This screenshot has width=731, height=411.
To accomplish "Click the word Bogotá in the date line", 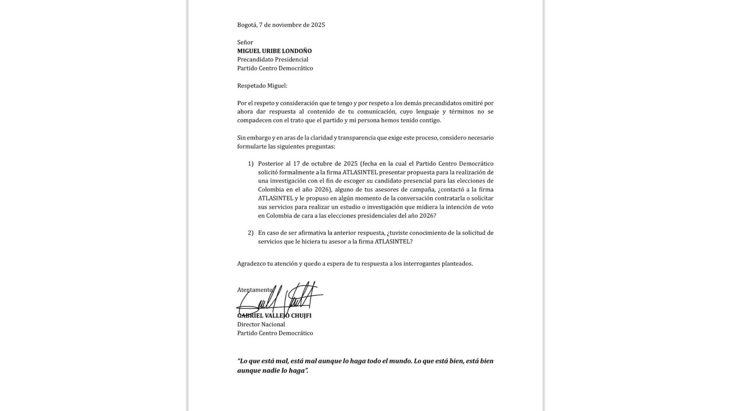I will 246,25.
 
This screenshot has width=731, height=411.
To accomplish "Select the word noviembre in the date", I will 287,25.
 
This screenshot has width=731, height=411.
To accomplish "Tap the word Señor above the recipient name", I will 245,42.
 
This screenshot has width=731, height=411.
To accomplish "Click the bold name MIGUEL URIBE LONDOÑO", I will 274,51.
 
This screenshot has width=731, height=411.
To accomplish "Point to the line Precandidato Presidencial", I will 273,59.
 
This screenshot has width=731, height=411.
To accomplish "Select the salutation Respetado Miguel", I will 262,86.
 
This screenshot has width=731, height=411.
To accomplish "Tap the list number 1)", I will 251,164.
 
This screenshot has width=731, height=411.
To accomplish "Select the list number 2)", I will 251,233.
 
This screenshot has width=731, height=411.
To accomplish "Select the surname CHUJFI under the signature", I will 301,316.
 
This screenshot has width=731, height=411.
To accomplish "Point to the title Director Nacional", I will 261,325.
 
